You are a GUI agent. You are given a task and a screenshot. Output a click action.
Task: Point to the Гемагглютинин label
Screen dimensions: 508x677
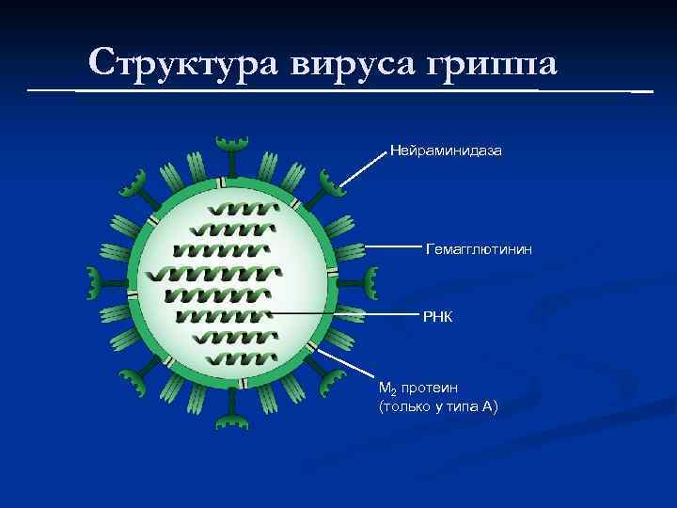tap(480, 249)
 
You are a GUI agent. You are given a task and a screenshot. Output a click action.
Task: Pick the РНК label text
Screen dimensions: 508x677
tap(437, 317)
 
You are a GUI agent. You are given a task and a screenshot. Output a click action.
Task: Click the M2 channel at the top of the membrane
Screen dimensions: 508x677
tap(222, 183)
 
